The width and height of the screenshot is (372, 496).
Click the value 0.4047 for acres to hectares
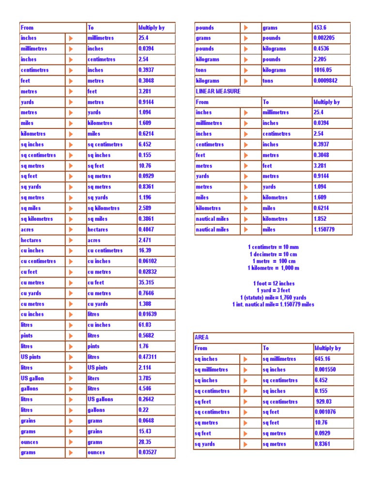point(147,230)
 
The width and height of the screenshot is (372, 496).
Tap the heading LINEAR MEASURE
point(218,91)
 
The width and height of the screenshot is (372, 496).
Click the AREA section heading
point(201,337)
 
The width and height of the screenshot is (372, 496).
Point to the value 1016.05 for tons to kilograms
point(324,70)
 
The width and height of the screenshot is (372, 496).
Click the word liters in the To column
point(93,378)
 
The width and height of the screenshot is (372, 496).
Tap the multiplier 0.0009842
point(328,80)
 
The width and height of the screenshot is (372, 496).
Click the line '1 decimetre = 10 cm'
point(273,254)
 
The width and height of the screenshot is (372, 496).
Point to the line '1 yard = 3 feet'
point(273,291)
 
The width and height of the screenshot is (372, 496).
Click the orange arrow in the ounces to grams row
point(71,442)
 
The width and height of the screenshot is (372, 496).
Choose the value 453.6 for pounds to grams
point(320,28)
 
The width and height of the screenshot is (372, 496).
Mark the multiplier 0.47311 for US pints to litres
point(148,357)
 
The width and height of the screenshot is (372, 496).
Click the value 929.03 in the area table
point(325,402)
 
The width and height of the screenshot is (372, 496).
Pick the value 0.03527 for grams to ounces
point(148,452)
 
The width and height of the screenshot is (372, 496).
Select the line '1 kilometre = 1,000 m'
point(273,268)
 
